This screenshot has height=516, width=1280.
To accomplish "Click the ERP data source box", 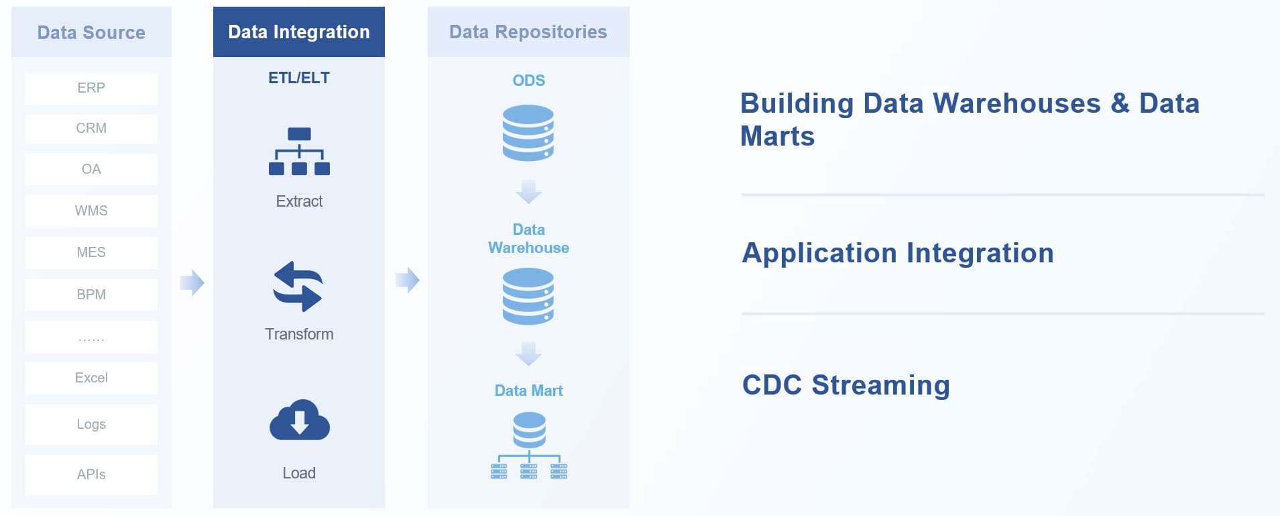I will [91, 89].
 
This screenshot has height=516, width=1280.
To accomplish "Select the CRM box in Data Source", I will [91, 129].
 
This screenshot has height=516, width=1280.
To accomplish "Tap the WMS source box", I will [91, 211].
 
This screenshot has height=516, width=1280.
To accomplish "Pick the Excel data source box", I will [91, 378].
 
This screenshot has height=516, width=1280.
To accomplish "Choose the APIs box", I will [91, 475].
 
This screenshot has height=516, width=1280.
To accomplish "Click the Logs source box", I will [91, 425].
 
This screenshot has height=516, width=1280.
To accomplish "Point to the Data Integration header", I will [299, 32].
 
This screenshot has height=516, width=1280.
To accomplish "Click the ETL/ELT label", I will [299, 79].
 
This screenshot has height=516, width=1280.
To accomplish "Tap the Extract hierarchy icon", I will [299, 152].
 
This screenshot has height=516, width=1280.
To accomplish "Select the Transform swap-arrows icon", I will [298, 287].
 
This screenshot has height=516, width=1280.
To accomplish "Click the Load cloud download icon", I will [299, 421].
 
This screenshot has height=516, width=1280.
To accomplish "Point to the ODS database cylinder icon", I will [528, 133].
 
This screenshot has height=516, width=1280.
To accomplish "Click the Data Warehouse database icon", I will [528, 296].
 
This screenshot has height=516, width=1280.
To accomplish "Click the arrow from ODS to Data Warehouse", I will [528, 191].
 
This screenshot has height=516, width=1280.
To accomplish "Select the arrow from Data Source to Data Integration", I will [192, 282].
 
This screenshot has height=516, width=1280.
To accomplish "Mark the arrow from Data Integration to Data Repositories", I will [407, 280].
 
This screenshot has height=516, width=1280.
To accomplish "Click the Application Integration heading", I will [898, 254].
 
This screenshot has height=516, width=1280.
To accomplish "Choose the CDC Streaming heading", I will [846, 386].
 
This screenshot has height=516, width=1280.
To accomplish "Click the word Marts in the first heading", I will [778, 137].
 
